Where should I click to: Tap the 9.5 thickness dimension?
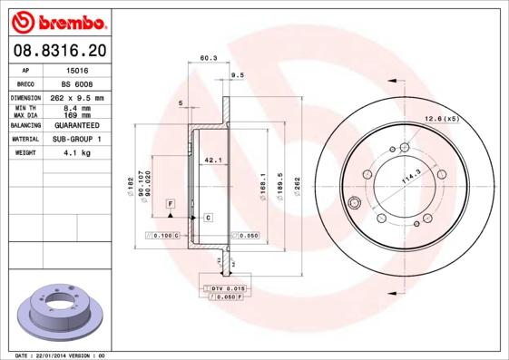pyautogui.click(x=239, y=74)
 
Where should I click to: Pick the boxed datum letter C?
pyautogui.click(x=208, y=219)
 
